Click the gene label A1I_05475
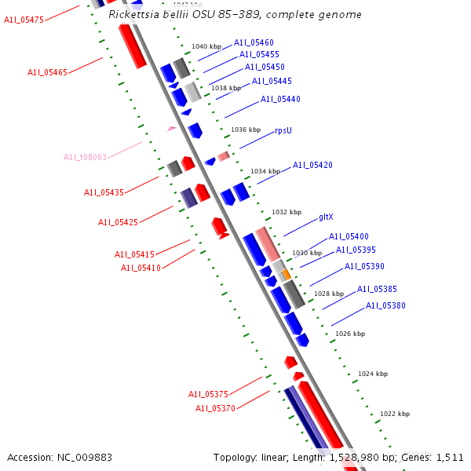click(x=24, y=20)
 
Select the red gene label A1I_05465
click(x=47, y=72)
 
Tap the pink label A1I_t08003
click(x=85, y=157)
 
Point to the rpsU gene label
click(x=283, y=131)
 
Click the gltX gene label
click(x=327, y=217)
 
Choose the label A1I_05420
click(x=312, y=166)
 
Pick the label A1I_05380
click(x=385, y=306)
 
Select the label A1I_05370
click(x=215, y=409)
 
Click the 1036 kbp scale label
click(x=245, y=130)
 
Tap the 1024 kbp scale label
click(x=373, y=374)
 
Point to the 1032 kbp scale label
click(x=287, y=213)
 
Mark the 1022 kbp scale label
click(x=395, y=414)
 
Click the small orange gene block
click(x=287, y=274)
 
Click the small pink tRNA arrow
click(x=171, y=128)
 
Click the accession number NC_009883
click(x=60, y=457)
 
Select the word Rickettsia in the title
click(x=134, y=15)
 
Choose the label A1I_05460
click(x=254, y=42)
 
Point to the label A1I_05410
click(x=141, y=268)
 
